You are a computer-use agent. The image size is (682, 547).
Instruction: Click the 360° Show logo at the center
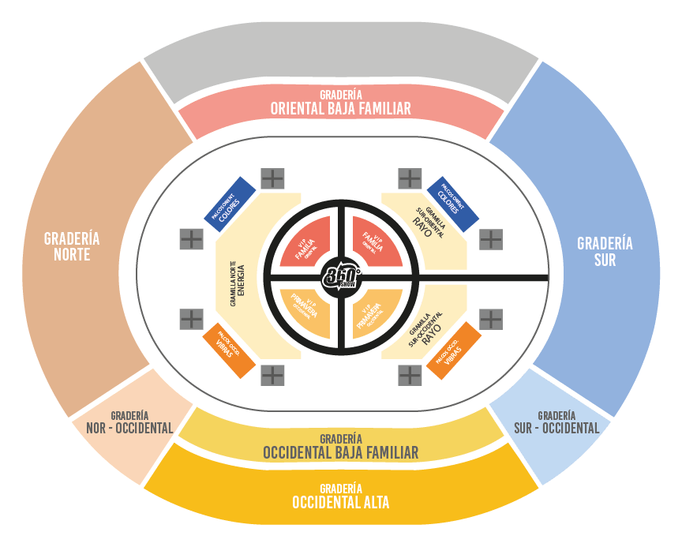341,277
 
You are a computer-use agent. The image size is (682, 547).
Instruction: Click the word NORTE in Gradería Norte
72,255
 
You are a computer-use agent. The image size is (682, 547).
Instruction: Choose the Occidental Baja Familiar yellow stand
340,447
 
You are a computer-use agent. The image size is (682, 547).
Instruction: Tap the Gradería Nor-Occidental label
130,422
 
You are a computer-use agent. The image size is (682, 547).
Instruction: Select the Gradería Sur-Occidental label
556,422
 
